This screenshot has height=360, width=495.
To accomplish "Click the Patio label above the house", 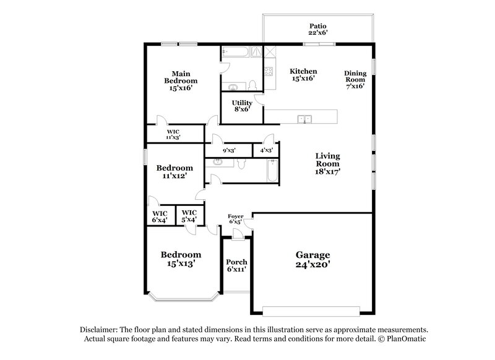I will [x=318, y=27].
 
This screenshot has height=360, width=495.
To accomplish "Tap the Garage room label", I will [x=312, y=255].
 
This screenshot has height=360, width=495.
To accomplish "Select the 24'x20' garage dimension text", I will [x=312, y=265].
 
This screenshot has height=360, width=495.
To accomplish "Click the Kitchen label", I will [x=304, y=71].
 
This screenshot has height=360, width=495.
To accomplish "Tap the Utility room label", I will [x=241, y=103].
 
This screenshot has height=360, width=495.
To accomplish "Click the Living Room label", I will [x=327, y=160].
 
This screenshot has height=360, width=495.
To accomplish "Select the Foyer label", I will [x=236, y=216].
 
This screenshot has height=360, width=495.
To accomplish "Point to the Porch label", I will [x=236, y=262].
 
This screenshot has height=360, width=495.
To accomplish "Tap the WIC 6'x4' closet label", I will [x=160, y=216].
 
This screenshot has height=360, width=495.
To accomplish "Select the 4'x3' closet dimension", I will [x=267, y=150].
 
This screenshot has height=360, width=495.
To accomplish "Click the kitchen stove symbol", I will [x=270, y=71].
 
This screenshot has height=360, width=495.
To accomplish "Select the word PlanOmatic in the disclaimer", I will [x=406, y=340].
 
